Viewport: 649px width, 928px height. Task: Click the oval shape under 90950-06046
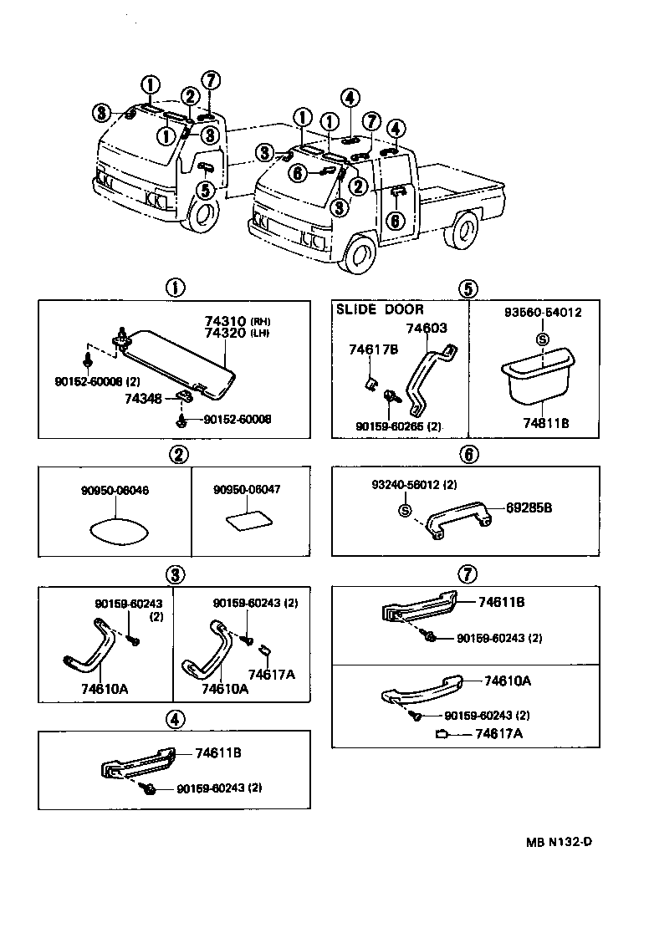click(x=115, y=530)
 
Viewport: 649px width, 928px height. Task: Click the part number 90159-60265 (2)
click(x=398, y=426)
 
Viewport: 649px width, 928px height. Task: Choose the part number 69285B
click(x=529, y=507)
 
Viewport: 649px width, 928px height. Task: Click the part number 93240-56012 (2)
click(x=415, y=485)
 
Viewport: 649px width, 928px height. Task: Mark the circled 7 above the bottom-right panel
click(x=468, y=574)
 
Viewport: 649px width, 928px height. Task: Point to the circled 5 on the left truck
click(x=205, y=189)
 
